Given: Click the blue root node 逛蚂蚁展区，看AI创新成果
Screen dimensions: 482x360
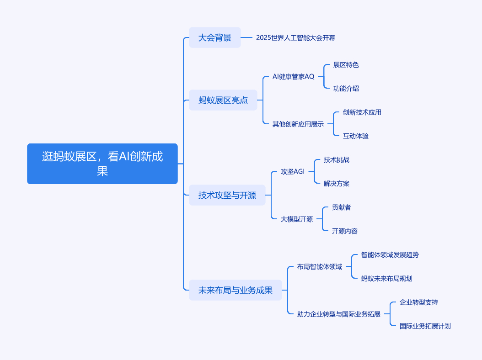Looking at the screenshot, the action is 102,164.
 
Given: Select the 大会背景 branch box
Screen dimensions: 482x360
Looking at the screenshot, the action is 215,37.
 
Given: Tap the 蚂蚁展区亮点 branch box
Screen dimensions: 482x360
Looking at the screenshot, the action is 223,100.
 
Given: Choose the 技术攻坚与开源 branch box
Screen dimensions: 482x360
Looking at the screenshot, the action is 227,195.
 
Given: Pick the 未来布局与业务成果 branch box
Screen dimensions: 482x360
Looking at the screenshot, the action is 236,290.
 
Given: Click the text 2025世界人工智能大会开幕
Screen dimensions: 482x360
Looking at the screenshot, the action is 296,38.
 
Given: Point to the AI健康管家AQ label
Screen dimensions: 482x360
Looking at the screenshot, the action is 294,76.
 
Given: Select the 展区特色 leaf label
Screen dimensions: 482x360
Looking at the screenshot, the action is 346,65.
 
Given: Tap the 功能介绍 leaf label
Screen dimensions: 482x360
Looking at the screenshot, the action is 346,89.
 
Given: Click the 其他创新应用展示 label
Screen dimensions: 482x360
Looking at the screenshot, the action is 298,124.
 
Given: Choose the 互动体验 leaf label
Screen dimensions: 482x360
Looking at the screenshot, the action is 356,136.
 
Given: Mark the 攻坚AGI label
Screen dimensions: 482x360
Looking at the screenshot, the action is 293,171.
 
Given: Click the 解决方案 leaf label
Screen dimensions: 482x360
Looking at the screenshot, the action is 337,183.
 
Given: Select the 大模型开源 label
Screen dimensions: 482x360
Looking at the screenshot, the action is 297,219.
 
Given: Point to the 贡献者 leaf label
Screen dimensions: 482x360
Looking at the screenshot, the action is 342,207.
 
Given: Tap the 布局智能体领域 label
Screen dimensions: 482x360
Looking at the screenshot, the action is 320,267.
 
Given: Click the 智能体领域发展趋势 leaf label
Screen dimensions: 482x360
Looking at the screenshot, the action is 390,254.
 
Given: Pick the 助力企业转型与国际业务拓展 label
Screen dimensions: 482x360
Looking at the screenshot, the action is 339,314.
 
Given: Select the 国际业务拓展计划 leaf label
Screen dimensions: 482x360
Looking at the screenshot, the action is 425,326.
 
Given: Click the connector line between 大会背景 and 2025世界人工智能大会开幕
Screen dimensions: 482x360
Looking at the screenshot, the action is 246,37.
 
